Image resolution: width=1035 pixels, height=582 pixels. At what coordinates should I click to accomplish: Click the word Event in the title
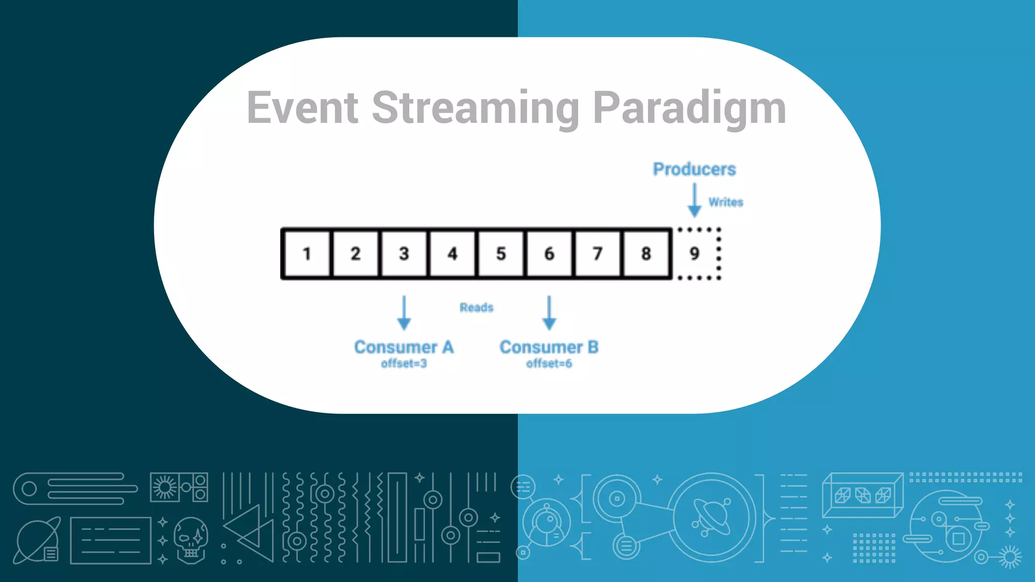tap(302, 108)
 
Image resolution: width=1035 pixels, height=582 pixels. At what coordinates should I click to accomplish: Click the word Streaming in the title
tap(476, 108)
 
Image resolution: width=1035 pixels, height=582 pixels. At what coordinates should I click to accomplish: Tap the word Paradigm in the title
tap(689, 108)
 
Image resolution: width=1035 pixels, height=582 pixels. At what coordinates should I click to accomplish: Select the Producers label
tap(694, 169)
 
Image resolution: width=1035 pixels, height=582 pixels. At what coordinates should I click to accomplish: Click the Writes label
tap(726, 202)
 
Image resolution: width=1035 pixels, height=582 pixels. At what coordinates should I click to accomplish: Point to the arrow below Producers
tap(694, 201)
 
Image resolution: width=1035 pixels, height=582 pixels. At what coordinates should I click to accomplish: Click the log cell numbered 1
tap(307, 254)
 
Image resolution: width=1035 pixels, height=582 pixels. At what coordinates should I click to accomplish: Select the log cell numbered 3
tap(404, 254)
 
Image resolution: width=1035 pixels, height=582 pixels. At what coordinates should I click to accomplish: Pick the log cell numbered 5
tap(501, 254)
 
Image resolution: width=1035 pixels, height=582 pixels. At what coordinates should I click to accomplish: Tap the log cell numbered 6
tap(549, 254)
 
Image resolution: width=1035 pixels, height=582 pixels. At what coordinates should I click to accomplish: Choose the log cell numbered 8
tap(646, 254)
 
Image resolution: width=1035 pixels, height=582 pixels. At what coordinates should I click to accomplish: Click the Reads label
tap(477, 308)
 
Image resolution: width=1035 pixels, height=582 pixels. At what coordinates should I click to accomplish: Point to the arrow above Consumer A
tap(404, 313)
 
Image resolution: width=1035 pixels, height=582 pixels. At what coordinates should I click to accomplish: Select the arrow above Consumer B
tap(549, 313)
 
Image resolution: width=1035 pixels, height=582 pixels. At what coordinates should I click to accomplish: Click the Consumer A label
tap(404, 347)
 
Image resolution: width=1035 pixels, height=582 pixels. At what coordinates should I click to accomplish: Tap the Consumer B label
tap(549, 347)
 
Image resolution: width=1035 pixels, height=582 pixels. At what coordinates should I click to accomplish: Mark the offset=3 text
tap(404, 364)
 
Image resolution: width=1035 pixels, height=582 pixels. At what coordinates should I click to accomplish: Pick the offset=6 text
tap(549, 364)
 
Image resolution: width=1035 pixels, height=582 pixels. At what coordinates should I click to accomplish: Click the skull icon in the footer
tap(191, 540)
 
